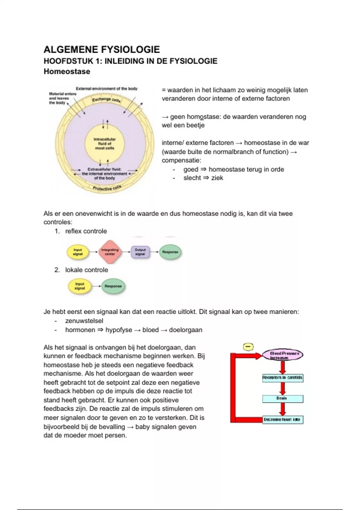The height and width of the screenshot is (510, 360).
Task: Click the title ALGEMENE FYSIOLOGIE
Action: click(x=102, y=49)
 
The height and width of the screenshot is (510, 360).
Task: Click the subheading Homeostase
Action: click(x=67, y=72)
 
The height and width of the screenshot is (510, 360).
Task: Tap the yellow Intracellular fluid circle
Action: click(x=104, y=144)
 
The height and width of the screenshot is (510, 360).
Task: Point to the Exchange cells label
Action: click(x=106, y=100)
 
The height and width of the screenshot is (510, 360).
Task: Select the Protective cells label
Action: click(x=107, y=188)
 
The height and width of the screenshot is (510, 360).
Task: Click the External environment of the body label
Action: click(x=106, y=89)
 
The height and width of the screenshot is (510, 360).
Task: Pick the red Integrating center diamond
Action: click(x=110, y=252)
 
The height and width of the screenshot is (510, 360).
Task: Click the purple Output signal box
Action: click(x=140, y=252)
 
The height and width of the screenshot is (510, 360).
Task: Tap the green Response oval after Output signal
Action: click(x=170, y=252)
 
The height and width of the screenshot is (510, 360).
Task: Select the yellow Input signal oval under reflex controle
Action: click(x=78, y=252)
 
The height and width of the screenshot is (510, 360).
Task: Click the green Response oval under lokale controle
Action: click(x=113, y=286)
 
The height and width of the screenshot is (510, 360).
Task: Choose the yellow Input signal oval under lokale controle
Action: click(x=80, y=286)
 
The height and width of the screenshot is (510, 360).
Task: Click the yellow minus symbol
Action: click(x=248, y=347)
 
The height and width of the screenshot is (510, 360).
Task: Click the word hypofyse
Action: click(x=118, y=330)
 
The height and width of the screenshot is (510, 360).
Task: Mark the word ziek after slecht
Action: click(x=217, y=178)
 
